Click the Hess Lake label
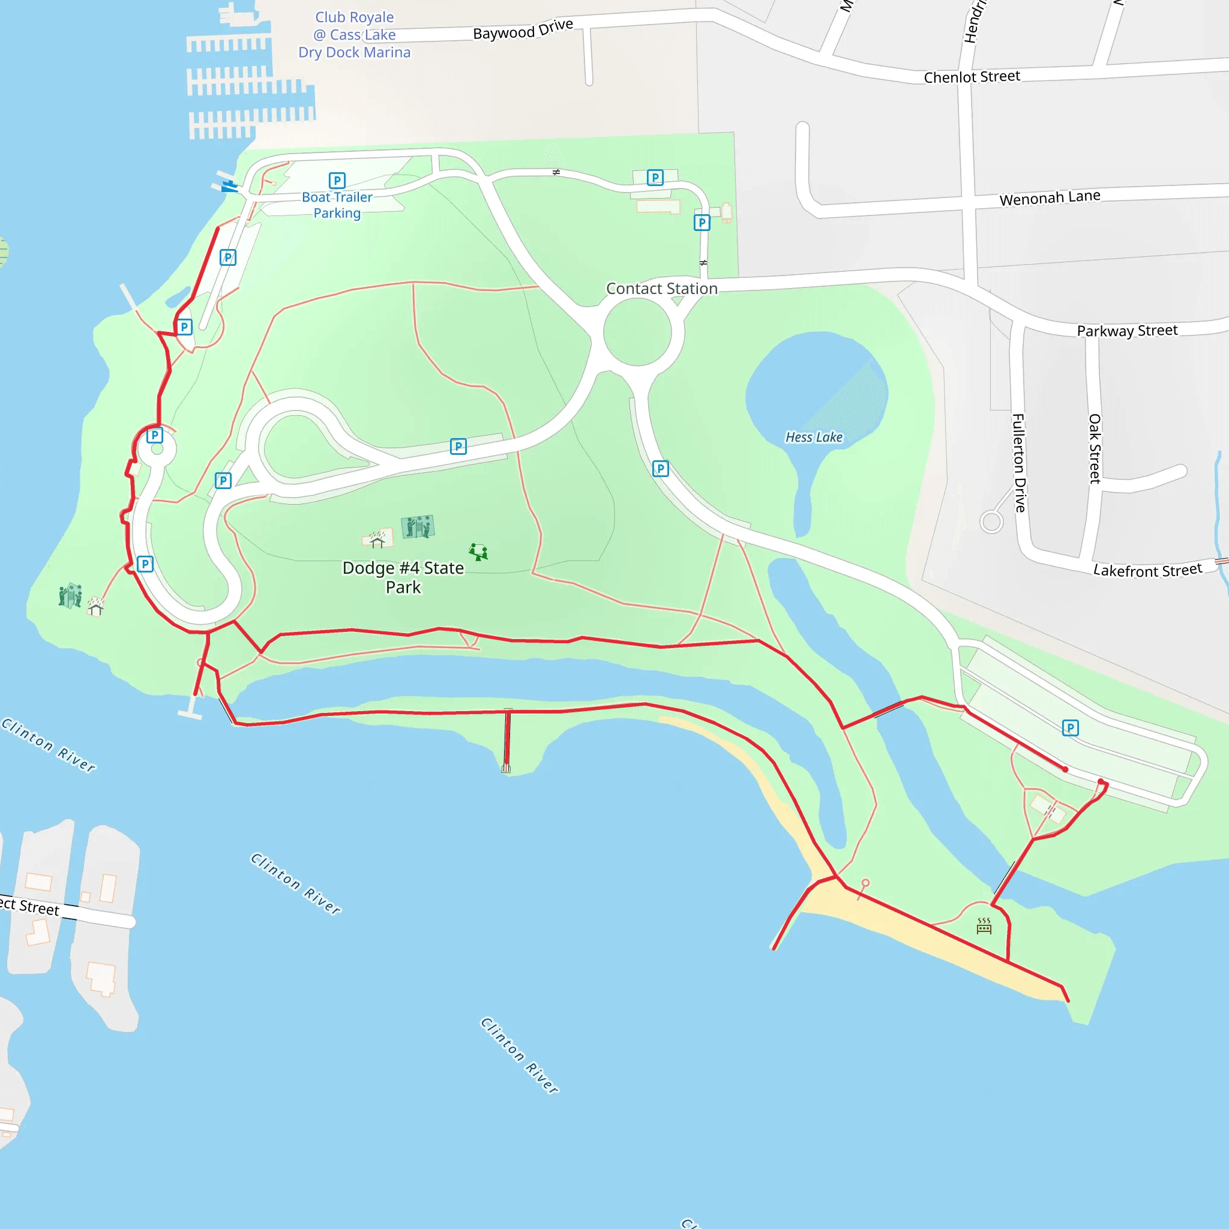[x=814, y=437]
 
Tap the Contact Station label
[x=661, y=289]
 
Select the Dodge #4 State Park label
[x=403, y=577]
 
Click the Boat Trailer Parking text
[x=337, y=205]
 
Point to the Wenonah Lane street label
[x=1050, y=198]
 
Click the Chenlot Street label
[x=972, y=77]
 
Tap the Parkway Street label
[x=1126, y=331]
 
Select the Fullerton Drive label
[x=1019, y=463]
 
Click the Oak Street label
[x=1094, y=448]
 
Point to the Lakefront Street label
[x=1147, y=570]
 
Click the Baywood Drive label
[x=523, y=29]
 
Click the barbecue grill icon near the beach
[x=984, y=926]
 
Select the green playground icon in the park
[x=478, y=551]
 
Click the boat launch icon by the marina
[x=229, y=187]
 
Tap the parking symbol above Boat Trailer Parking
[x=337, y=181]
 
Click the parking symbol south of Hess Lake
[x=660, y=469]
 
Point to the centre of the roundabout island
[x=637, y=332]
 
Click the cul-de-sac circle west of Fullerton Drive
[x=991, y=522]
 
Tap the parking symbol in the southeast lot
[x=1071, y=728]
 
